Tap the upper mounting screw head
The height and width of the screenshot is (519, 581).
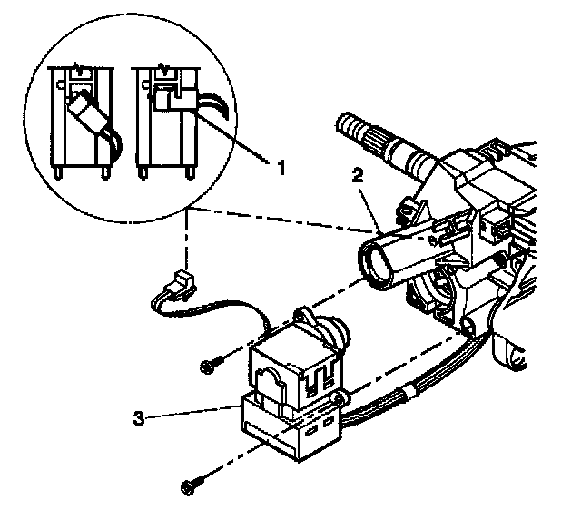[x=208, y=367]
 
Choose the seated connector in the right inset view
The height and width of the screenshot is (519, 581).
[x=169, y=95]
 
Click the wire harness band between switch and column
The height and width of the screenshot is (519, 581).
[x=399, y=390]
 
